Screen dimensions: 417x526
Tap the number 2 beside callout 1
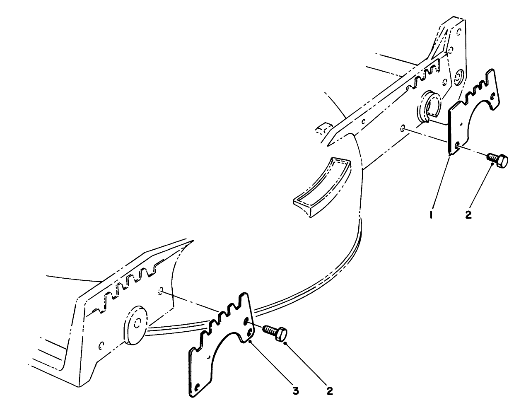pos(468,216)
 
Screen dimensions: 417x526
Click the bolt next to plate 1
pos(497,160)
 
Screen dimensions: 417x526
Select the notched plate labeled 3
pos(220,344)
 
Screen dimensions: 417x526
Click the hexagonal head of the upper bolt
pos(502,161)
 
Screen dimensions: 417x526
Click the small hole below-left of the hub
pos(101,344)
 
